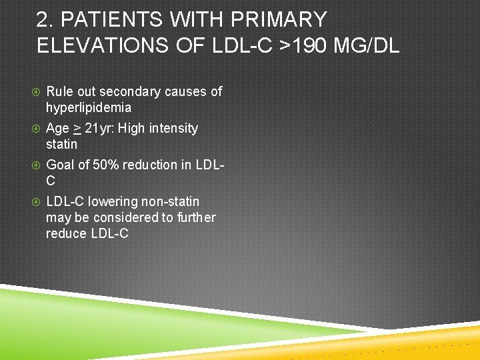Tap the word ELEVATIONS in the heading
[103, 45]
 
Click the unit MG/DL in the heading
[369, 45]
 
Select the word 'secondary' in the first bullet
[135, 91]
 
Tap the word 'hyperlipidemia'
[89, 107]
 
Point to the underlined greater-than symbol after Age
[77, 128]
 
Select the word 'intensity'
[175, 128]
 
